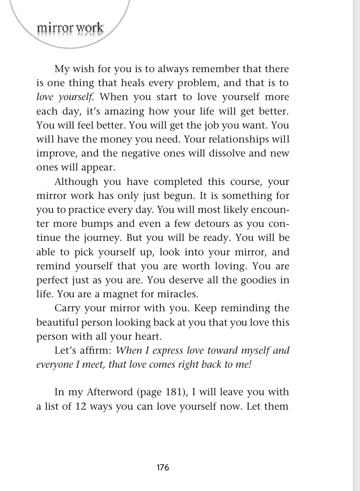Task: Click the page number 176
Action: [163, 467]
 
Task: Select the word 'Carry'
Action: [67, 308]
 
